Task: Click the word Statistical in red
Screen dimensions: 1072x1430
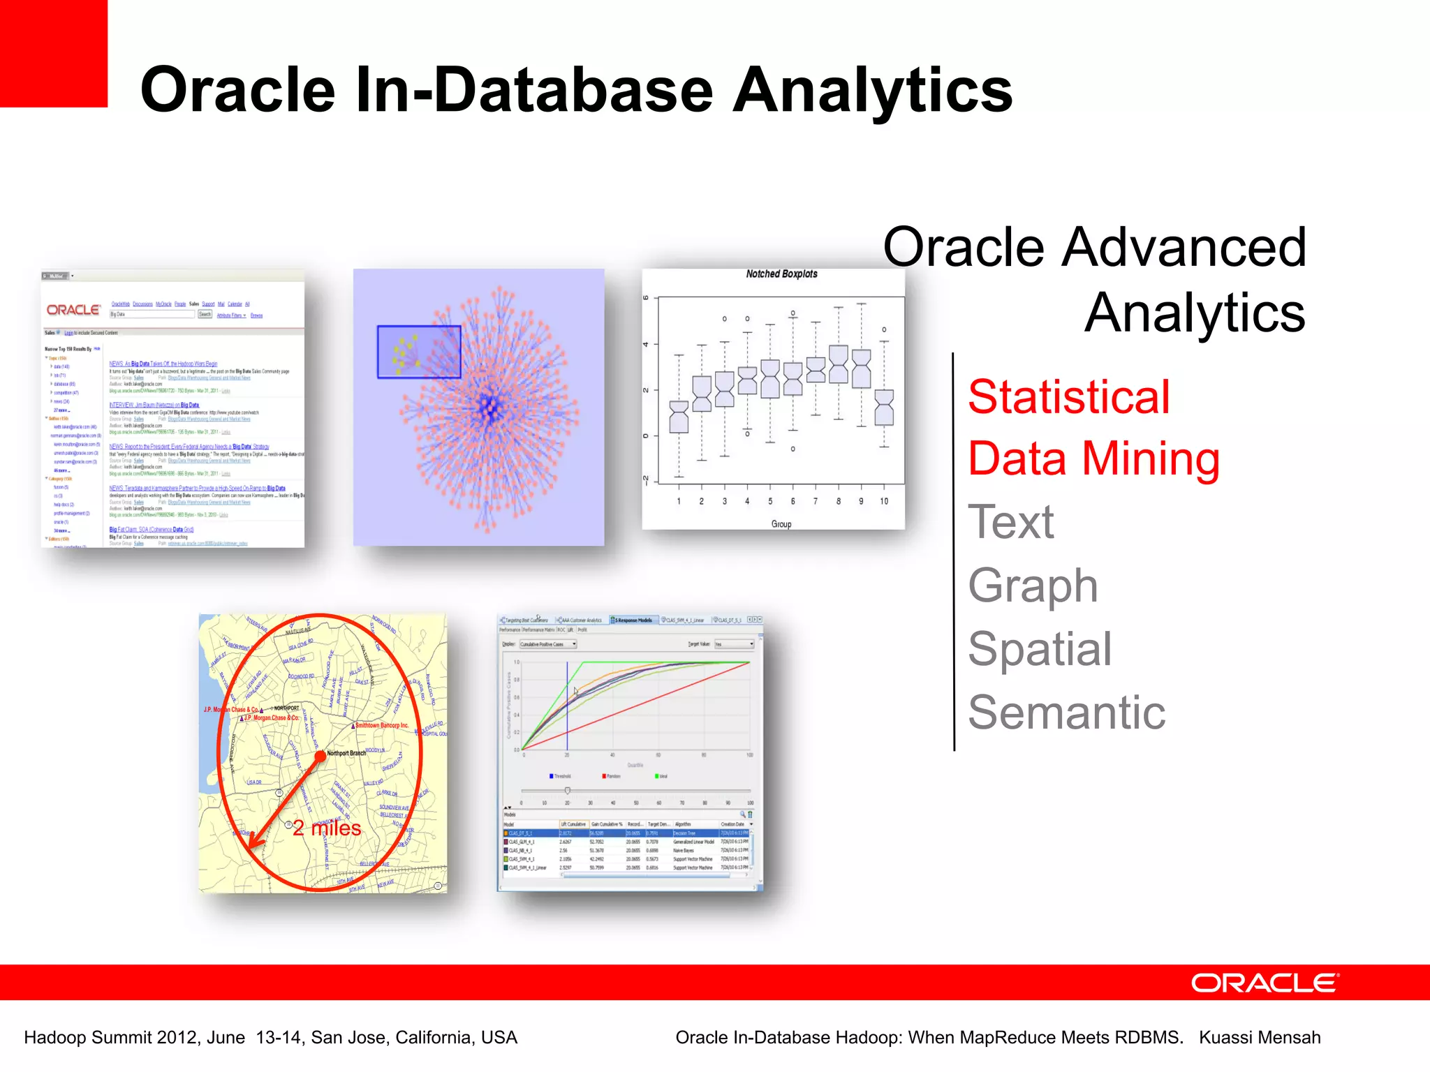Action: [x=1068, y=396]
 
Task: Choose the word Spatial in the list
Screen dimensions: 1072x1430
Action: [x=1039, y=648]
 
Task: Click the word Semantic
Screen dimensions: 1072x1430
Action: [x=1066, y=712]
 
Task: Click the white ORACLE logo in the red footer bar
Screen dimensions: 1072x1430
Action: [x=1264, y=983]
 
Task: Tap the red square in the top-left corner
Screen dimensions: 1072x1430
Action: [x=53, y=53]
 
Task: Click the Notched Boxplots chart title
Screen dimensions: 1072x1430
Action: [x=781, y=274]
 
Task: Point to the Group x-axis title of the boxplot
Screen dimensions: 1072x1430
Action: [x=781, y=524]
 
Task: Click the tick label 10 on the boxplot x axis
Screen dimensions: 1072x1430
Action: [x=884, y=501]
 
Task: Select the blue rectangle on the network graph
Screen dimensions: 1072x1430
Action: [x=419, y=352]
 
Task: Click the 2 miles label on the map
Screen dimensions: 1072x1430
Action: [x=327, y=828]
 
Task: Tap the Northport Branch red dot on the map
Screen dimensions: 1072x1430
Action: [x=320, y=755]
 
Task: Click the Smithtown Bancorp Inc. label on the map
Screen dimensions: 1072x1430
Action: [x=383, y=725]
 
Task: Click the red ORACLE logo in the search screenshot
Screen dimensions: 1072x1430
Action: [x=73, y=310]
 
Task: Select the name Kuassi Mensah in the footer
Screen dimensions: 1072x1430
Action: [x=1260, y=1038]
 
